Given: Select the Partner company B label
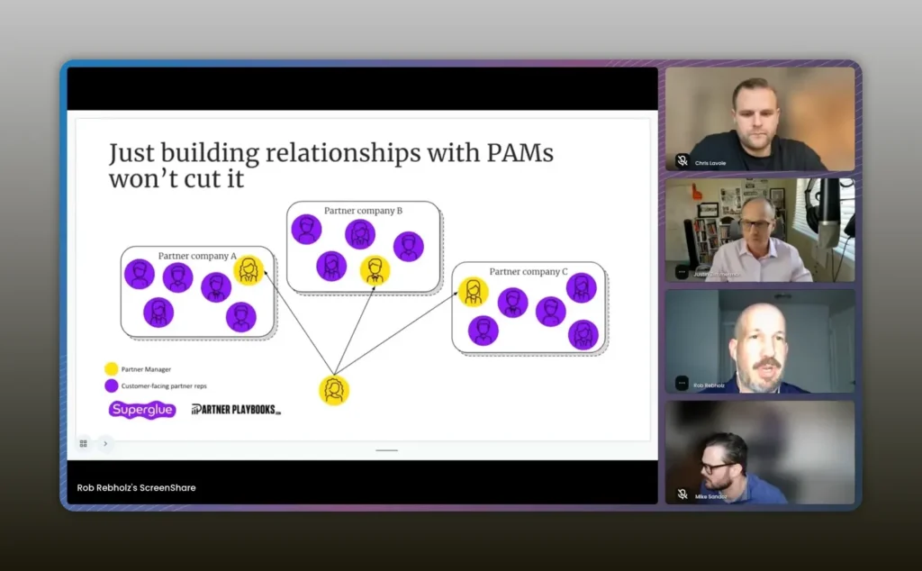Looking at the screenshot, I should pos(363,211).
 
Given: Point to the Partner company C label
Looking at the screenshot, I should pos(529,271).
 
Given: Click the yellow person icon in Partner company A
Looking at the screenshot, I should pos(249,269).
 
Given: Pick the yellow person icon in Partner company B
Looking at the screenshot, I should pos(375,270).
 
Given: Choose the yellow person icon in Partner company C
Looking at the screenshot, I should pos(473,292).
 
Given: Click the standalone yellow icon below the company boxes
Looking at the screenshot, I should pos(334,390).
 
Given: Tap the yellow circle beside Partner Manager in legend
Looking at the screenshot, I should pos(112,368).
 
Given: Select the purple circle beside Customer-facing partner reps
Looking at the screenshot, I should pos(112,385).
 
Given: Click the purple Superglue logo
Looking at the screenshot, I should pos(142,410).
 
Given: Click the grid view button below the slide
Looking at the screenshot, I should pos(84,443).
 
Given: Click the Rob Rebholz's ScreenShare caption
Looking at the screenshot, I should pos(136,487).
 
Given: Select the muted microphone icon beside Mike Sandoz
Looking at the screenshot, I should pos(682,494).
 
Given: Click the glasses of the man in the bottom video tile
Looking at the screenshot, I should pos(717,467).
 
